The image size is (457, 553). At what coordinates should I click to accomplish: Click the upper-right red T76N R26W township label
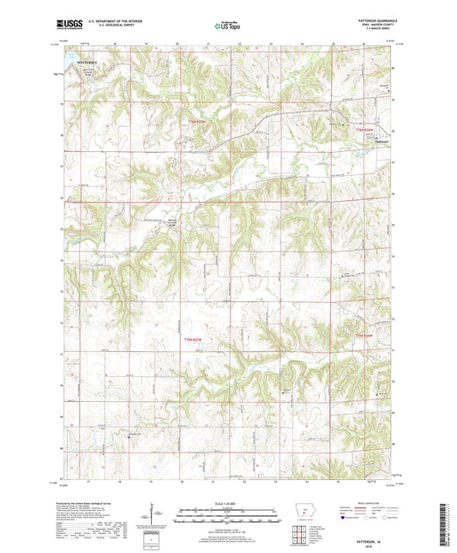pyautogui.click(x=367, y=129)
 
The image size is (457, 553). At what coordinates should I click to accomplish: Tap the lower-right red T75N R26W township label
pyautogui.click(x=365, y=335)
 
